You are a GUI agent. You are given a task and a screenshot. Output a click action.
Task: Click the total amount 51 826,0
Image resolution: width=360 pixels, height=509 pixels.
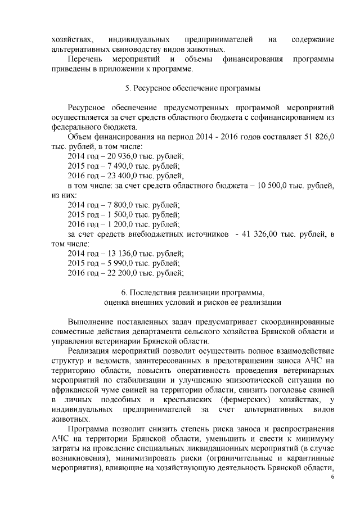(318, 137)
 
